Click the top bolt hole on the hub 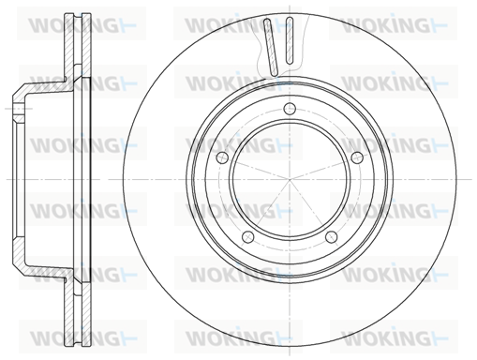[x=290, y=109]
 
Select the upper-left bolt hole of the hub [x=222, y=157]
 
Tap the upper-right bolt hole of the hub [x=357, y=157]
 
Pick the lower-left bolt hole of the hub [x=248, y=236]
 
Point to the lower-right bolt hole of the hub [x=331, y=236]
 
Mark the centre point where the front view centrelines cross [x=290, y=179]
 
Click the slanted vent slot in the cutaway [x=271, y=47]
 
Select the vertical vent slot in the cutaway [x=290, y=39]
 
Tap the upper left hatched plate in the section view [x=68, y=47]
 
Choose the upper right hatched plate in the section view [x=86, y=47]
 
